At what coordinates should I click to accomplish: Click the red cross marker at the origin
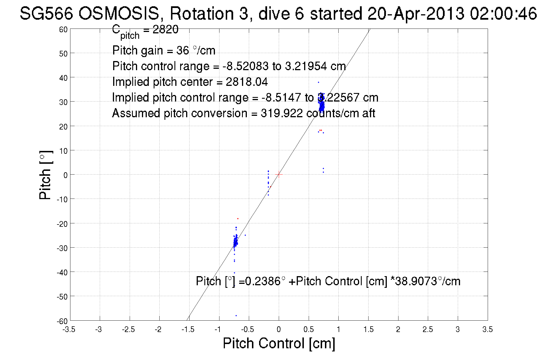click(279, 174)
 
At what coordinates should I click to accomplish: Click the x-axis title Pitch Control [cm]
click(279, 343)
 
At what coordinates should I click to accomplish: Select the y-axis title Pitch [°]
click(46, 175)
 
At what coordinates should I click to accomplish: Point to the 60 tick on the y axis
click(63, 30)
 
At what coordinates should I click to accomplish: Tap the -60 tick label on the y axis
click(62, 321)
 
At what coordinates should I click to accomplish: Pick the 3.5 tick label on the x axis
click(487, 330)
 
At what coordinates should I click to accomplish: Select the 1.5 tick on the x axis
click(368, 330)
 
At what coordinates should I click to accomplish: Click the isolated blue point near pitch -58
click(236, 315)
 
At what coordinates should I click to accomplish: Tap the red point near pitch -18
click(238, 219)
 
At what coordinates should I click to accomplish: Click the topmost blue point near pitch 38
click(318, 82)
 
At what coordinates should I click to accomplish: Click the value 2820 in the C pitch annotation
click(165, 29)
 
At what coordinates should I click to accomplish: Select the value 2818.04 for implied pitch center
click(247, 82)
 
